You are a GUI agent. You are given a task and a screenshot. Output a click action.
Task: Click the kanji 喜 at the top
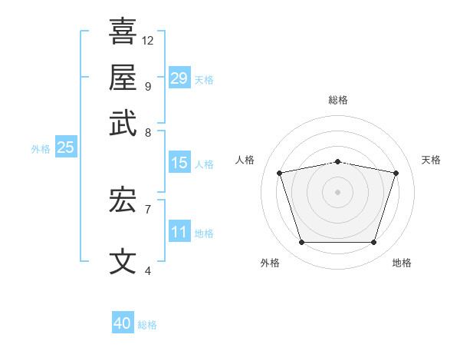tap(123, 32)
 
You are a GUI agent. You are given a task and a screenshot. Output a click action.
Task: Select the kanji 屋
tap(123, 78)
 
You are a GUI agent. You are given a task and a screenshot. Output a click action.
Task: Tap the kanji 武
tap(123, 124)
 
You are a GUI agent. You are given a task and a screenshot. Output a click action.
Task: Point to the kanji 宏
tap(123, 201)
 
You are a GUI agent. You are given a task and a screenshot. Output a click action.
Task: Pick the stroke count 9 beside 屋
tap(147, 86)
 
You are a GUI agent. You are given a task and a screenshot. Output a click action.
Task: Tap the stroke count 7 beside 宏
tap(147, 208)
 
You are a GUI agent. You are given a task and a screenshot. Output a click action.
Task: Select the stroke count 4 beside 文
tap(147, 270)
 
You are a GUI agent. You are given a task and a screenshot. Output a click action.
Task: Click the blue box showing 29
tap(179, 78)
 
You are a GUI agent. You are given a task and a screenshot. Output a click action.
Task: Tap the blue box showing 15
tap(179, 163)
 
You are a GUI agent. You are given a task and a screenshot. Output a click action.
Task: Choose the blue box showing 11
tap(179, 232)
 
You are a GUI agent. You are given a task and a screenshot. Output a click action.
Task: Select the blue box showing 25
tap(65, 148)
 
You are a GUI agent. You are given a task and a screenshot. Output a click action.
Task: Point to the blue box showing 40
tap(123, 323)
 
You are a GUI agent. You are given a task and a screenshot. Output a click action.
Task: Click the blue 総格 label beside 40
tap(147, 325)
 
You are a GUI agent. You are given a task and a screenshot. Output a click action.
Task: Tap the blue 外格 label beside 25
tap(41, 149)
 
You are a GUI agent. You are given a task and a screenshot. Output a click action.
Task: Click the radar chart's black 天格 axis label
tap(432, 160)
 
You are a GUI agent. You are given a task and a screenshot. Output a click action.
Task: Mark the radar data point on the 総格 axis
tap(337, 161)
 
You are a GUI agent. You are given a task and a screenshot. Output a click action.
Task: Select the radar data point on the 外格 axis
tap(301, 243)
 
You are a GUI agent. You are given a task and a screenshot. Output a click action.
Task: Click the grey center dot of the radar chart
tap(337, 191)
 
